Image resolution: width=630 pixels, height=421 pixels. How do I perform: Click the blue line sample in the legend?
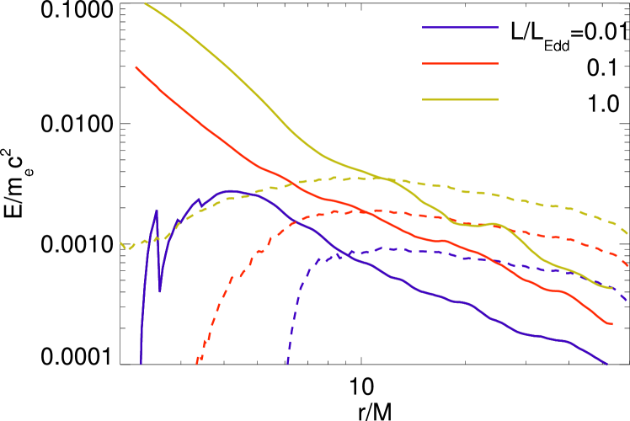click(460, 28)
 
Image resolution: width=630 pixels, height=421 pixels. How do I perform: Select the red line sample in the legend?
click(460, 63)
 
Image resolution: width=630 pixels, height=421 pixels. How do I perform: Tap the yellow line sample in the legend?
click(460, 99)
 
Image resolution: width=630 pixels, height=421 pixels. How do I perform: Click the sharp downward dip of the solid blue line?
click(160, 291)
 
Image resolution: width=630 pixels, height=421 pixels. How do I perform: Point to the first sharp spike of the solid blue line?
click(157, 210)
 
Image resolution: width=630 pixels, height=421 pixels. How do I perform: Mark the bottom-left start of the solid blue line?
click(141, 363)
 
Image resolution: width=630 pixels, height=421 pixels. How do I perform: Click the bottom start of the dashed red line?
click(197, 363)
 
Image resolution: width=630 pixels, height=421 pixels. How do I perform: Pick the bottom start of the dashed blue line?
click(287, 364)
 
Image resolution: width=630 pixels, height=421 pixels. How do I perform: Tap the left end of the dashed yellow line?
click(121, 243)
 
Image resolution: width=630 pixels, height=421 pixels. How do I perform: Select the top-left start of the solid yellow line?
click(145, 3)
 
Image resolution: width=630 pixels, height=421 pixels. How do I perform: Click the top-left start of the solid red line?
click(136, 67)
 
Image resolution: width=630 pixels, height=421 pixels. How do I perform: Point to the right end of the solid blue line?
click(606, 364)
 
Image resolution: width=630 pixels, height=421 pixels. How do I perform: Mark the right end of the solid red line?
click(612, 323)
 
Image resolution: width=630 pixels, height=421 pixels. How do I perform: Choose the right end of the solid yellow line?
click(612, 288)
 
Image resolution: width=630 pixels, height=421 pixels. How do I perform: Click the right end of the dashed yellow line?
click(627, 233)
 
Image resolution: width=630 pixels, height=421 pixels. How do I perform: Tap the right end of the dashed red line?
click(627, 266)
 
